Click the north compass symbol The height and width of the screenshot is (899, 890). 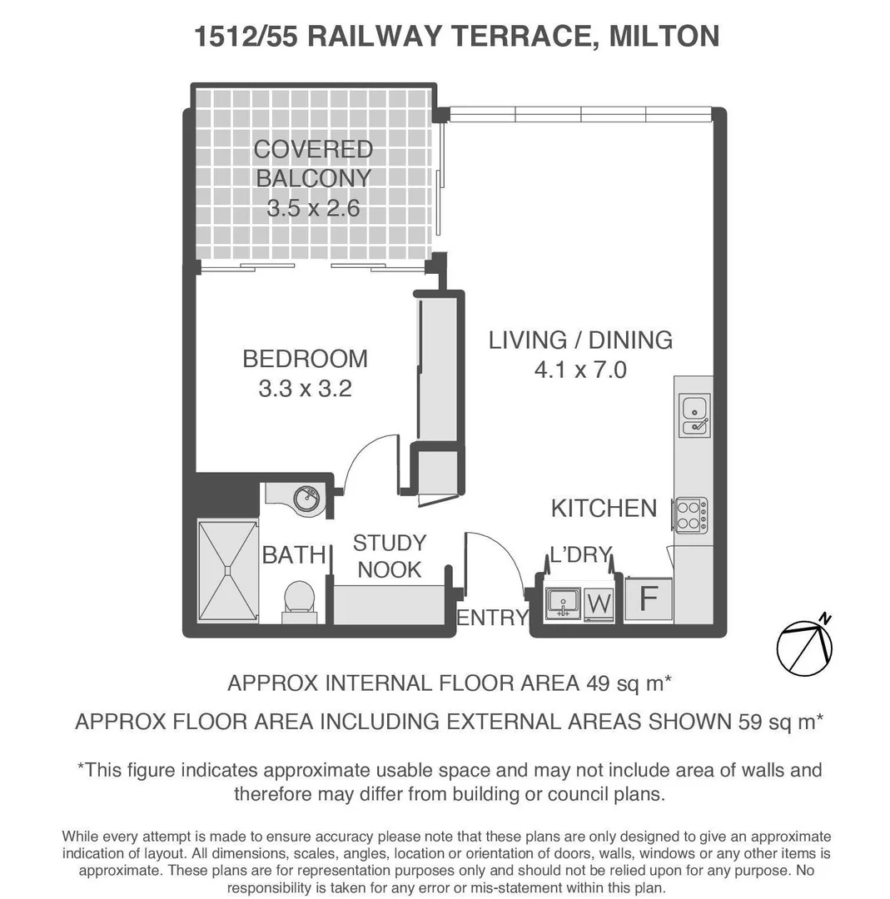pos(803,646)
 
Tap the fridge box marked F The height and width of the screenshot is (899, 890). pos(649,599)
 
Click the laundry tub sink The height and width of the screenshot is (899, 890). pos(564,603)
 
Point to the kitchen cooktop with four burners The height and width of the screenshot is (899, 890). pos(691,514)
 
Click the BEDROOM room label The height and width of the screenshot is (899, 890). pos(305,359)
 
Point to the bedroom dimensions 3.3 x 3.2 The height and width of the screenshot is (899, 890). pos(305,388)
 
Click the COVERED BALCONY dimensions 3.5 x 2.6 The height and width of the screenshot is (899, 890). pos(313,208)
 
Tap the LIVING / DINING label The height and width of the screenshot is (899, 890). pos(580,340)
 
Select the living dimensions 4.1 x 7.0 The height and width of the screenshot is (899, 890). pos(580,369)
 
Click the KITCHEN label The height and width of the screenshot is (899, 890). pos(604,508)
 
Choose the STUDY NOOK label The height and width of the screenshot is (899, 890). pos(389,557)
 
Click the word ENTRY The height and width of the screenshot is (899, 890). pos(493,618)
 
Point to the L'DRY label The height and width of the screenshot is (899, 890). pos(580,555)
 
